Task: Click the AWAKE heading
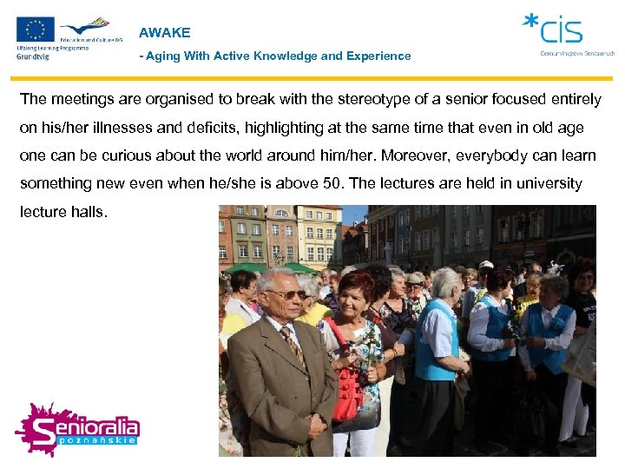pyautogui.click(x=164, y=33)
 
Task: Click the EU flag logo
pyautogui.click(x=35, y=30)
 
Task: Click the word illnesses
pyautogui.click(x=101, y=128)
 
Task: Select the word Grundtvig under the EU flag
pyautogui.click(x=33, y=56)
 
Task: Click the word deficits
pyautogui.click(x=187, y=128)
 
